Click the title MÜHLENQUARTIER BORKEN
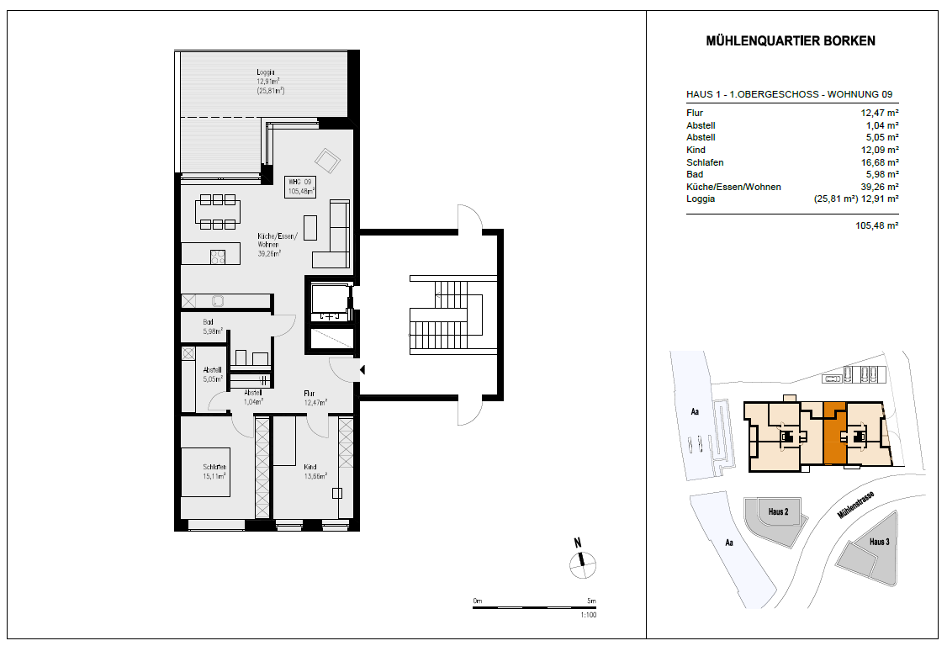(x=791, y=41)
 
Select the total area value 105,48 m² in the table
(x=877, y=225)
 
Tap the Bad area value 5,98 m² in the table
(x=882, y=174)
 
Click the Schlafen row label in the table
(x=705, y=162)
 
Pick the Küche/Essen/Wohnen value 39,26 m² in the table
(x=880, y=187)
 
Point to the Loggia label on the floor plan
(x=266, y=71)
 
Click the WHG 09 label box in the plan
(x=300, y=187)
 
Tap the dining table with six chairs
(x=218, y=211)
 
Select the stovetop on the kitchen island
(x=218, y=257)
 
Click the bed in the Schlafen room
(x=206, y=472)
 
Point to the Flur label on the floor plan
(x=309, y=394)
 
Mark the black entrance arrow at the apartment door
(x=362, y=370)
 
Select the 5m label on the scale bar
(x=592, y=601)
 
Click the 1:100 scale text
(x=588, y=615)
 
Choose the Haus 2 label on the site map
(x=779, y=512)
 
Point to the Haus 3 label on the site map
(x=880, y=542)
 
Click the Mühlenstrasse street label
(x=856, y=506)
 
